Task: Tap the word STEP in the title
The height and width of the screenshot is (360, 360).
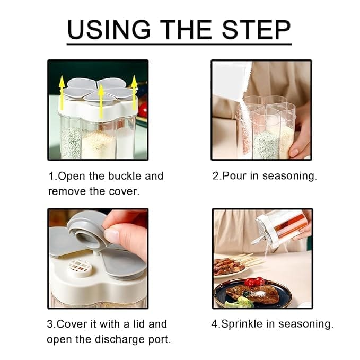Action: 257,29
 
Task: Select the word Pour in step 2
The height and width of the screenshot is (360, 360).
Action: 234,176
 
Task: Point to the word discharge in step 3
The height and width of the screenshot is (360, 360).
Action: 120,339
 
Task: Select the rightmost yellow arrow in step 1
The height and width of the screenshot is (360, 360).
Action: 134,92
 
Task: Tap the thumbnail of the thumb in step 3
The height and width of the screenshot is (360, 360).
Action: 112,235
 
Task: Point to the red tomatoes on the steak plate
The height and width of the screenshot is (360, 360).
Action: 254,282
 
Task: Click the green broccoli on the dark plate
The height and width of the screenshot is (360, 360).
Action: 240,302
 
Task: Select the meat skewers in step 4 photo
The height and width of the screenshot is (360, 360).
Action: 232,265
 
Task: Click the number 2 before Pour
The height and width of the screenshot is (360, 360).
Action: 216,176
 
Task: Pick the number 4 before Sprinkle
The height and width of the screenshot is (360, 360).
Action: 215,324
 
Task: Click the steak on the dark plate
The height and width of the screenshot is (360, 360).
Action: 252,293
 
